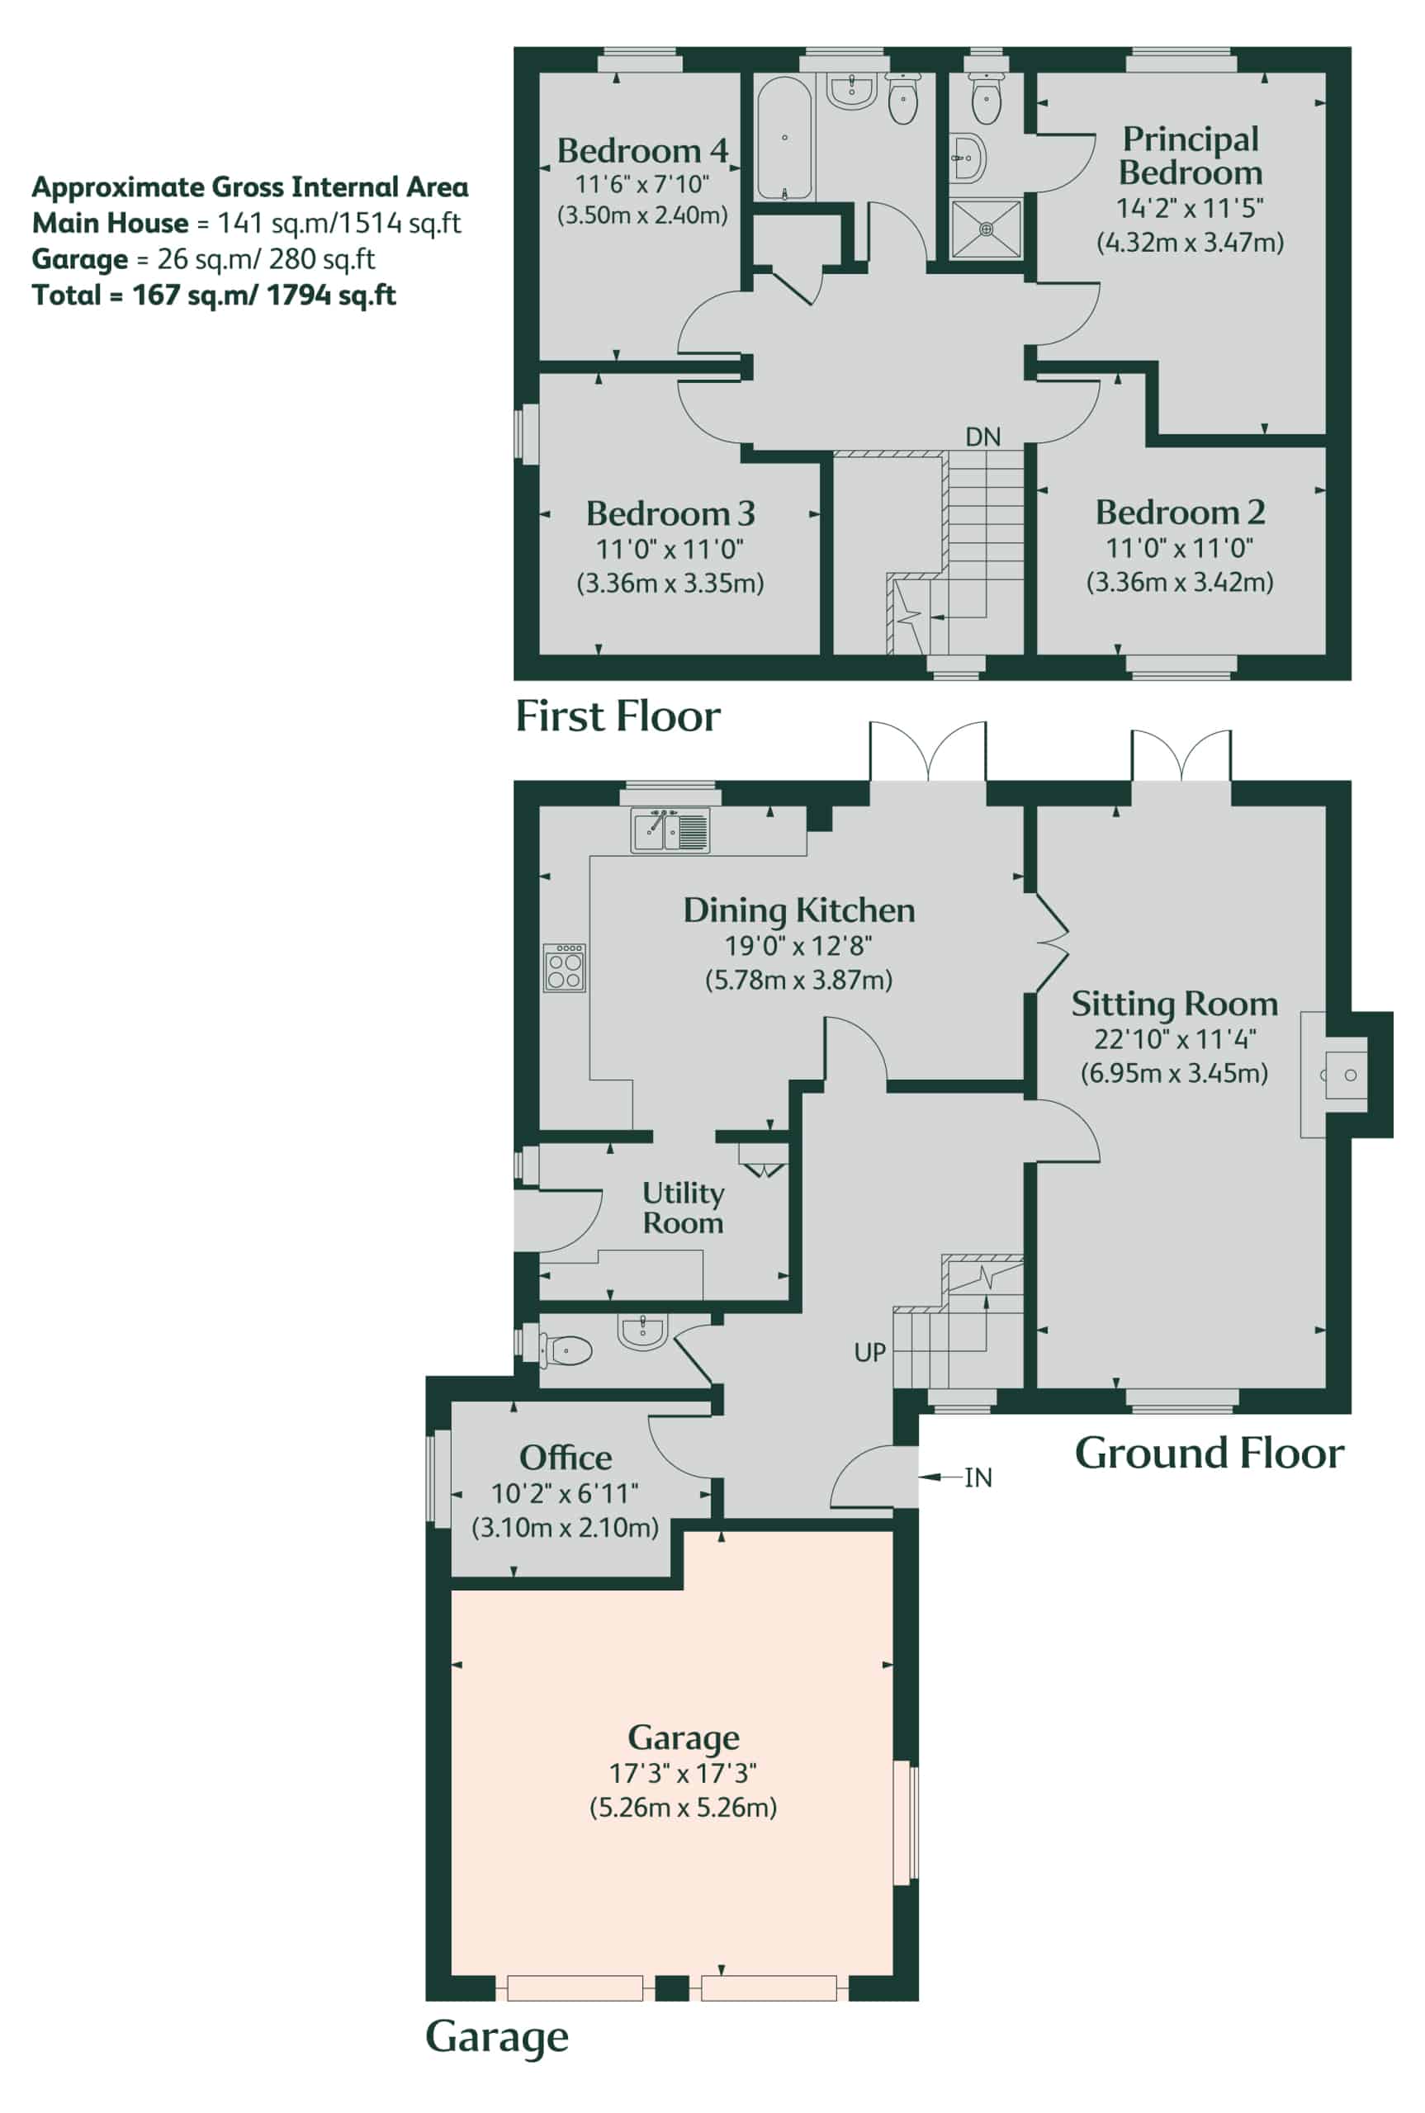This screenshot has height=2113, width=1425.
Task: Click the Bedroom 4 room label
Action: (642, 150)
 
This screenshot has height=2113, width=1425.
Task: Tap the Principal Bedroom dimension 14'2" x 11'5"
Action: (1190, 208)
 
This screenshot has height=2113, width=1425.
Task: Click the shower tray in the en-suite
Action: (986, 229)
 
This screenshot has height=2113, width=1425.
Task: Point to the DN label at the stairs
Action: (982, 437)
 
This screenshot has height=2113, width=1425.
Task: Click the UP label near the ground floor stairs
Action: (869, 1353)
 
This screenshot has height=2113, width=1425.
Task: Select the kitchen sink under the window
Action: (670, 830)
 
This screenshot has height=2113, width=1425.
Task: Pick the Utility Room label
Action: (684, 1208)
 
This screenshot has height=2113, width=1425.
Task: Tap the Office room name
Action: (566, 1458)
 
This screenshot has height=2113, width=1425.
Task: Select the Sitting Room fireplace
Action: (1335, 1075)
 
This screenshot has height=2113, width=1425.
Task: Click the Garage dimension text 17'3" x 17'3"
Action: (683, 1772)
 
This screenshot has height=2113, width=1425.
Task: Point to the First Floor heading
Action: (618, 716)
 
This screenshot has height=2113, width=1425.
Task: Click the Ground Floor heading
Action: (1210, 1454)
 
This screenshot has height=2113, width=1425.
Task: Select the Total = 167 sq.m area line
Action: (215, 295)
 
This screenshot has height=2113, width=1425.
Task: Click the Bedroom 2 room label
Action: (1180, 513)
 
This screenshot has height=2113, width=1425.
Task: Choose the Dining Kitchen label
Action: (799, 910)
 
